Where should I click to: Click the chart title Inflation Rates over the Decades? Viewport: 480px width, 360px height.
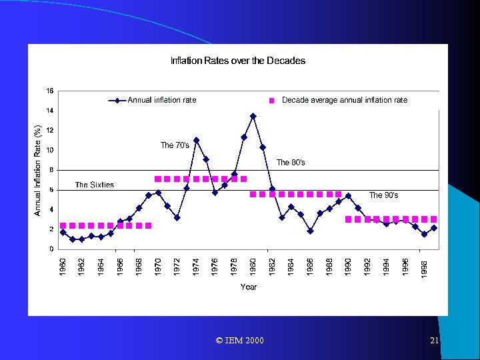click(238, 61)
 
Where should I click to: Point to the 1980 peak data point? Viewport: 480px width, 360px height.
click(253, 116)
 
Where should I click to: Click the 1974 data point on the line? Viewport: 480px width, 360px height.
click(196, 140)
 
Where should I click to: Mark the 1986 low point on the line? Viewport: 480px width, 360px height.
click(310, 231)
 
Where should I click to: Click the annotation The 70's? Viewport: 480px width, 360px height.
click(175, 145)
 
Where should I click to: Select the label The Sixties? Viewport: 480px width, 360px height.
click(95, 185)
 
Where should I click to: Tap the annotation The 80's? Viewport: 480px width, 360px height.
click(291, 162)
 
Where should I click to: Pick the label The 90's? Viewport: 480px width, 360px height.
click(383, 195)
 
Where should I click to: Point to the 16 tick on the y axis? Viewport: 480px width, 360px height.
click(50, 91)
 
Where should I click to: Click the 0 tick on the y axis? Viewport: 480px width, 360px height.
click(52, 249)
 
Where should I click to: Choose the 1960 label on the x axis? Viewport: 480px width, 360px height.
click(63, 267)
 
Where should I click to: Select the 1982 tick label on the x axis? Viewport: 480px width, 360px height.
click(272, 267)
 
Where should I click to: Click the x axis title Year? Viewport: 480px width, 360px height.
click(248, 287)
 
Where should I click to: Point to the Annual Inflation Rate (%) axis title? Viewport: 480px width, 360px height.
click(38, 169)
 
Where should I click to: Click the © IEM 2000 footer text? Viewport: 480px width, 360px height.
click(240, 341)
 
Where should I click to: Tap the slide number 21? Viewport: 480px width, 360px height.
click(434, 341)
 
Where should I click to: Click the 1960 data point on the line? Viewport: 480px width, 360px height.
click(63, 232)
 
